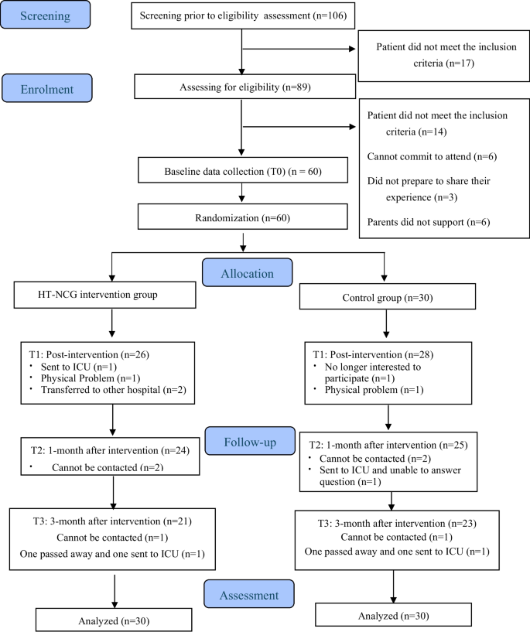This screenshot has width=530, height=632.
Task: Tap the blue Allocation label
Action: [248, 273]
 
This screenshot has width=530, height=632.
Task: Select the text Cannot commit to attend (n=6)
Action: [431, 157]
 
